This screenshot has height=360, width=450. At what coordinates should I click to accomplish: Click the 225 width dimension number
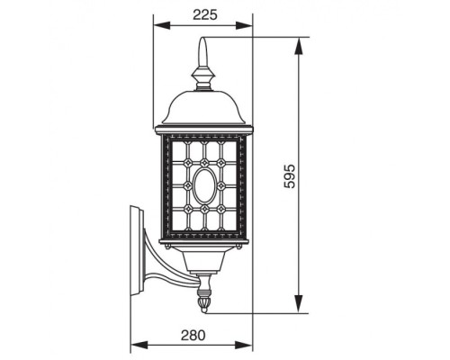click(x=204, y=13)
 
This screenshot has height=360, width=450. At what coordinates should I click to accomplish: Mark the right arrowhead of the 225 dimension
click(x=250, y=25)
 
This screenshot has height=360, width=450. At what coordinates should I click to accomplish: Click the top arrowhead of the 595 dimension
click(x=298, y=41)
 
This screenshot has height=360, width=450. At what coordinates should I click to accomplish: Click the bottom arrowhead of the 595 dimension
click(x=298, y=310)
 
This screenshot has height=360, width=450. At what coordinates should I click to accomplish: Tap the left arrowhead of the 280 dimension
click(x=134, y=346)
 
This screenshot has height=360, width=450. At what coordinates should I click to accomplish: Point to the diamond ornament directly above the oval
click(x=204, y=163)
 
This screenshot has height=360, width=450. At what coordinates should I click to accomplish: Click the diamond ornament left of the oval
click(x=186, y=186)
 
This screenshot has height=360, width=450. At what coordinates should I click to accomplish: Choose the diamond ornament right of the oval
click(x=222, y=186)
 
